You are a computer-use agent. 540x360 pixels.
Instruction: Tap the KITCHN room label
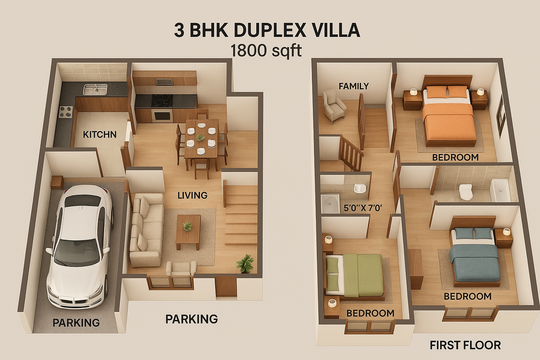[x=99, y=135]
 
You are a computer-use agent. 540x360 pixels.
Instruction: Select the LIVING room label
[x=192, y=195]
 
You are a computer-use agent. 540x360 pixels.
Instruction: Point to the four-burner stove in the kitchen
[x=66, y=112]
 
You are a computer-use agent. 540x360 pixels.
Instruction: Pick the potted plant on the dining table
[x=200, y=137]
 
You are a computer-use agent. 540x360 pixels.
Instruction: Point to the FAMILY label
[x=354, y=86]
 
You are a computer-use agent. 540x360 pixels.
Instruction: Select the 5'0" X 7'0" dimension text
[x=362, y=208]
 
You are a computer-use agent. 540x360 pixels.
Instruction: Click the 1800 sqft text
[x=266, y=51]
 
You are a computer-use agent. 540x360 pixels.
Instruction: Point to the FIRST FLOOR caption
[x=465, y=345]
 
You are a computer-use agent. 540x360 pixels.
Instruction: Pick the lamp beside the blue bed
[x=506, y=232]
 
